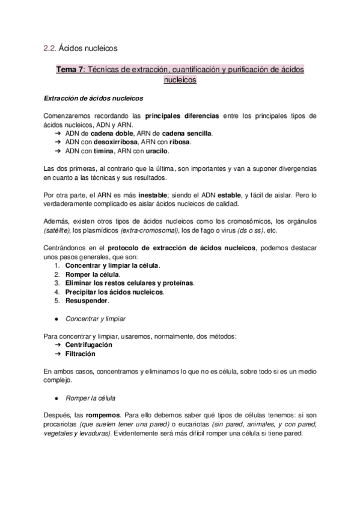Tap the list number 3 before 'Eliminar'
pyautogui.click(x=56, y=283)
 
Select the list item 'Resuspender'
pyautogui.click(x=87, y=300)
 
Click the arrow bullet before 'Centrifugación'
pyautogui.click(x=58, y=345)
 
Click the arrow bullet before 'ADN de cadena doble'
pyautogui.click(x=58, y=133)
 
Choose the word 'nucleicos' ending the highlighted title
pyautogui.click(x=180, y=79)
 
